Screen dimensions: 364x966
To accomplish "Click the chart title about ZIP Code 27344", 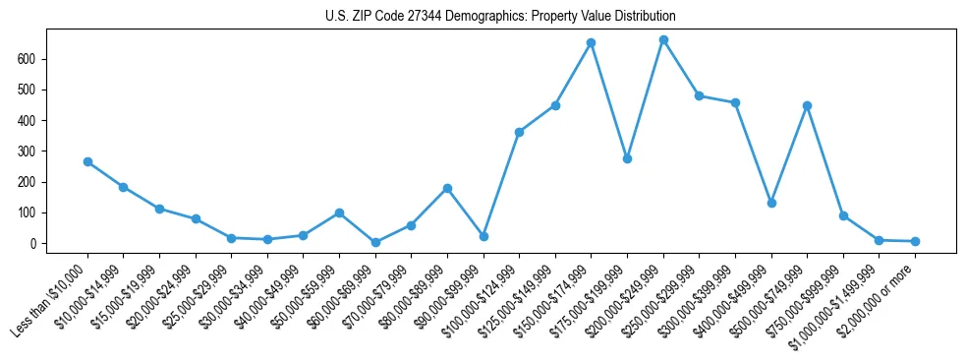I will pyautogui.click(x=500, y=17).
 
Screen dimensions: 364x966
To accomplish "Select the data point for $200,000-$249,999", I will pyautogui.click(x=663, y=40).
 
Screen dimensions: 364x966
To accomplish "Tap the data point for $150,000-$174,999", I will pyautogui.click(x=592, y=43).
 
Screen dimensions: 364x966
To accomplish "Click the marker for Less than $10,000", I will pyautogui.click(x=87, y=161).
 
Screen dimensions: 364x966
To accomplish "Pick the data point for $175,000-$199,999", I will pyautogui.click(x=627, y=158).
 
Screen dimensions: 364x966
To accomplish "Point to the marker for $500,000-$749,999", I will pyautogui.click(x=807, y=105).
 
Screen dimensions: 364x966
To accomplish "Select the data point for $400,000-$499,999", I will pyautogui.click(x=771, y=203).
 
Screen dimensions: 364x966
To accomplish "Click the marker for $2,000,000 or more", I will pyautogui.click(x=915, y=241).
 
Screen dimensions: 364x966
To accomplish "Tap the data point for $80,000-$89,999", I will pyautogui.click(x=447, y=188).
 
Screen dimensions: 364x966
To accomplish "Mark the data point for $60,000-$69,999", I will pyautogui.click(x=375, y=242).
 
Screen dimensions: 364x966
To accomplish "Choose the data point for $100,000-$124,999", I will pyautogui.click(x=519, y=132).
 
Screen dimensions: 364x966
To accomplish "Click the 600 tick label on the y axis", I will pyautogui.click(x=27, y=59).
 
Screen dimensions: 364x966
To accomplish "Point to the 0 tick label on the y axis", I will pyautogui.click(x=32, y=243).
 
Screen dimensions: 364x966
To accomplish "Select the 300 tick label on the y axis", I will pyautogui.click(x=27, y=152).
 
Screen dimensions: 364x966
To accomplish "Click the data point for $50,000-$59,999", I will pyautogui.click(x=339, y=212).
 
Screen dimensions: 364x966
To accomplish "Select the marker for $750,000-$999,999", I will pyautogui.click(x=843, y=215).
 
